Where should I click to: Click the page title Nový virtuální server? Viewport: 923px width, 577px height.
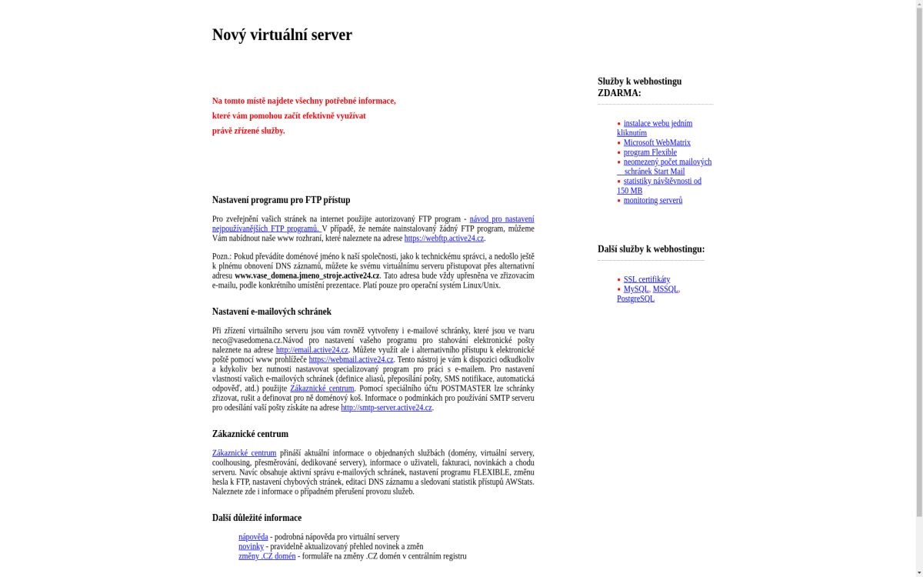pyautogui.click(x=282, y=35)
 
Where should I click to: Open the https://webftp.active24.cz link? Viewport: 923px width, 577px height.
pyautogui.click(x=444, y=238)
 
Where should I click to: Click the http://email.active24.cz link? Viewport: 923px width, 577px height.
pyautogui.click(x=312, y=350)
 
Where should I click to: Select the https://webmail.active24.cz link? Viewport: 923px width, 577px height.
pyautogui.click(x=351, y=359)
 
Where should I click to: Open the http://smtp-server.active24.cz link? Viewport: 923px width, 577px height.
pyautogui.click(x=386, y=408)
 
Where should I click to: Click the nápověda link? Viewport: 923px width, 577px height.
pyautogui.click(x=253, y=537)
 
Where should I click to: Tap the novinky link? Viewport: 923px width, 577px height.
pyautogui.click(x=251, y=546)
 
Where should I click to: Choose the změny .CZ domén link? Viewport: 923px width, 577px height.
pyautogui.click(x=267, y=556)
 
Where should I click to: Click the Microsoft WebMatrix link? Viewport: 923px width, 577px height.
pyautogui.click(x=657, y=142)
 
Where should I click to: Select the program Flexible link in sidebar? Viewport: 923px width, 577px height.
pyautogui.click(x=650, y=152)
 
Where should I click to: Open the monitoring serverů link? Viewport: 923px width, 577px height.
pyautogui.click(x=653, y=200)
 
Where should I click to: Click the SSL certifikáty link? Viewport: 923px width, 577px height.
pyautogui.click(x=647, y=279)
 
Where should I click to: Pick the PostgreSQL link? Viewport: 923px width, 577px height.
pyautogui.click(x=635, y=299)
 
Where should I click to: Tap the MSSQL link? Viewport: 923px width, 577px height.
pyautogui.click(x=665, y=289)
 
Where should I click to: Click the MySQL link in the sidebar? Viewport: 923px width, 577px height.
pyautogui.click(x=636, y=289)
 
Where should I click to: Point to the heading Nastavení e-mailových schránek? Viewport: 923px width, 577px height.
pyautogui.click(x=272, y=312)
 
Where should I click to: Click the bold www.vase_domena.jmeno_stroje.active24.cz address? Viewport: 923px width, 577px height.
pyautogui.click(x=307, y=275)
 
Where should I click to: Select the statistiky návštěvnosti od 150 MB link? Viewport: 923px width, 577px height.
pyautogui.click(x=662, y=181)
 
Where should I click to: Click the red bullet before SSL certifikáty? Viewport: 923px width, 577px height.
pyautogui.click(x=618, y=280)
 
